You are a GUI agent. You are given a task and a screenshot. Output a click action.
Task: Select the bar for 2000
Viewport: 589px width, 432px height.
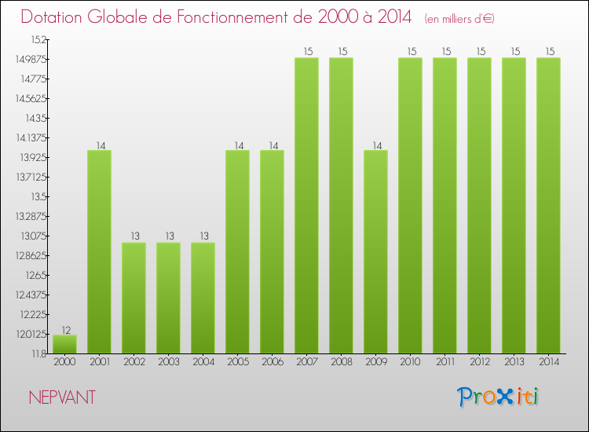coord(64,344)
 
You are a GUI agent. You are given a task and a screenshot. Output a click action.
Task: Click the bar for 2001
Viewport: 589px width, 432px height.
coord(99,251)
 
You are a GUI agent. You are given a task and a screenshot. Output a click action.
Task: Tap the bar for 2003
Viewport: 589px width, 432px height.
coord(168,298)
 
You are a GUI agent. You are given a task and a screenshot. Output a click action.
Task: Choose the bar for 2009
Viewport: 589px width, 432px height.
coord(375,251)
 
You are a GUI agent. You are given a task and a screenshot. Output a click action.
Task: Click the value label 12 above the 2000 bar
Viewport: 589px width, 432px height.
coord(64,329)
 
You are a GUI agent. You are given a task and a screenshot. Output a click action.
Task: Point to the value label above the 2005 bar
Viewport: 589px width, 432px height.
coord(237,145)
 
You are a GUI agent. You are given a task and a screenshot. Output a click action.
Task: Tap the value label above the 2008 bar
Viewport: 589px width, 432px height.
coord(341,52)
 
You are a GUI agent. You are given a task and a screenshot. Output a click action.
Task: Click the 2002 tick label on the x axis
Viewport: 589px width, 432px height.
coord(134,362)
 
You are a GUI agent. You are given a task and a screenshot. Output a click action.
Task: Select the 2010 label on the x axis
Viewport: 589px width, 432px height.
coord(410,362)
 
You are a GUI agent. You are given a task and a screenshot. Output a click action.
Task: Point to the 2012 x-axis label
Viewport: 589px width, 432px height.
coord(479,362)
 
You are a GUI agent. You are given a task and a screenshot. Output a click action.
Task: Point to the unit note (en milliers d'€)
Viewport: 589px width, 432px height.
coord(459,18)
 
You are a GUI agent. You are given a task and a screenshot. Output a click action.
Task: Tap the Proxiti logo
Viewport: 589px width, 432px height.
coord(499,397)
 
